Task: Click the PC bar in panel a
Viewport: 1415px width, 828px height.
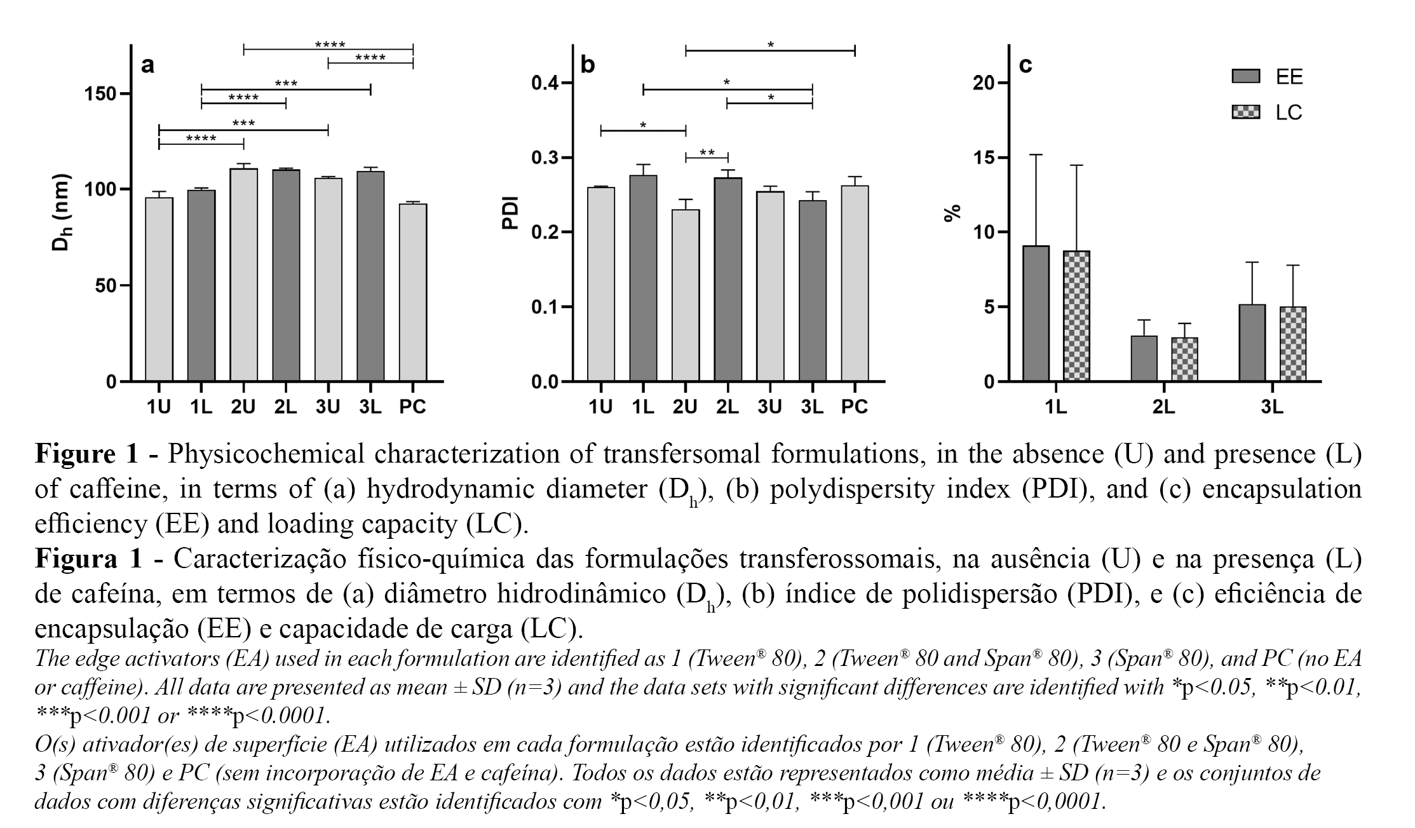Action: tap(412, 292)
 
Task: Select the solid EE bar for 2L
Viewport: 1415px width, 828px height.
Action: tap(1144, 358)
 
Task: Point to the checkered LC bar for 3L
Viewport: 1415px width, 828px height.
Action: tap(1293, 344)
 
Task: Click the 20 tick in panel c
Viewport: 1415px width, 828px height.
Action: tap(984, 83)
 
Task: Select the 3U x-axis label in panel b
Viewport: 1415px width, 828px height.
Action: tap(769, 407)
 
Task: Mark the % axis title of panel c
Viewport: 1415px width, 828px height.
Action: tap(952, 213)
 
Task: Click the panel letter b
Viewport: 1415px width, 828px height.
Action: tap(588, 65)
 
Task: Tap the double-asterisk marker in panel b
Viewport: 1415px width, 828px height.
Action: tap(707, 153)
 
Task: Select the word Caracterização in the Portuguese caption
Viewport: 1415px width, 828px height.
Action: tap(259, 559)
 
